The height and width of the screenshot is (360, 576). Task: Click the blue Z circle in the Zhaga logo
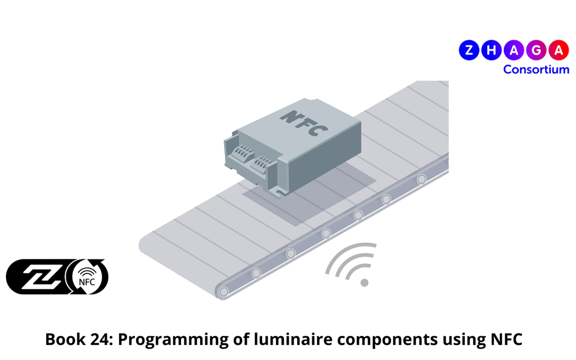469,50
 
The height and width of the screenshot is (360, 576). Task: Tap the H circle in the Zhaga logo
491,50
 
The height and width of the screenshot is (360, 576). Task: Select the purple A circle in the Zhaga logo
513,50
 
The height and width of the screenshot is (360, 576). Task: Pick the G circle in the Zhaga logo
536,50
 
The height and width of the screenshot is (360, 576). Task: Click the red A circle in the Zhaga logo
558,50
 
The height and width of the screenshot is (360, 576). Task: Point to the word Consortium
536,69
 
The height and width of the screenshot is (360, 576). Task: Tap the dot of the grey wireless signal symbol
364,283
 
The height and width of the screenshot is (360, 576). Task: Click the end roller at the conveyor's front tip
223,291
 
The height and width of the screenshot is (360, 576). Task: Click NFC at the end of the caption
505,340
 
